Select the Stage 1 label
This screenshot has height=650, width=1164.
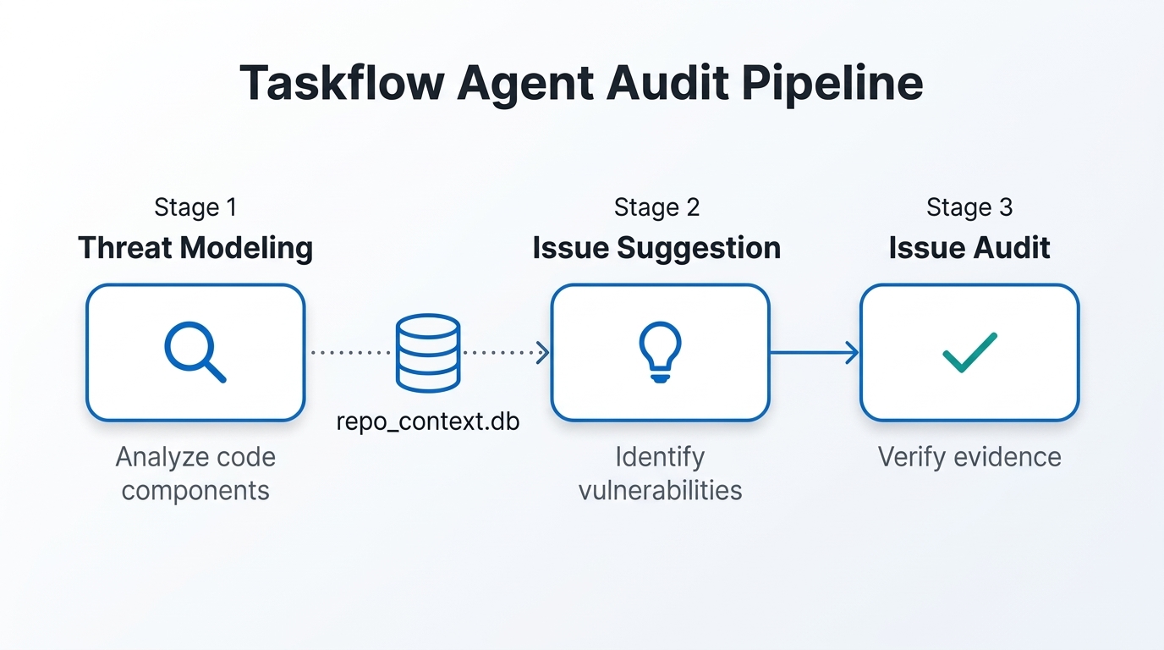[195, 207]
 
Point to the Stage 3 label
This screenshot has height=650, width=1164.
[969, 207]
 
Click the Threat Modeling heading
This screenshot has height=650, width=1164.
[195, 248]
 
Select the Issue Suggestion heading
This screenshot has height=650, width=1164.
[656, 248]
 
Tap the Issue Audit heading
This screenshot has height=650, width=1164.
[969, 248]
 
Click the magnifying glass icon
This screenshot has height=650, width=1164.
[195, 352]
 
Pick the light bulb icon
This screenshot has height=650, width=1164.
[660, 352]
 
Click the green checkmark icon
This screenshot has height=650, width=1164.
[969, 352]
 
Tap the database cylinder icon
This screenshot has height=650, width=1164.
[428, 353]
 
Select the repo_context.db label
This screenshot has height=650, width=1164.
[428, 421]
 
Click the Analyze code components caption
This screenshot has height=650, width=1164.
[195, 473]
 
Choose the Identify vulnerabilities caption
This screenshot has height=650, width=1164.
[660, 473]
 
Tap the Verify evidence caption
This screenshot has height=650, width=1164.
[969, 457]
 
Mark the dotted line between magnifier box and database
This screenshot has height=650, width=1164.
[349, 352]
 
